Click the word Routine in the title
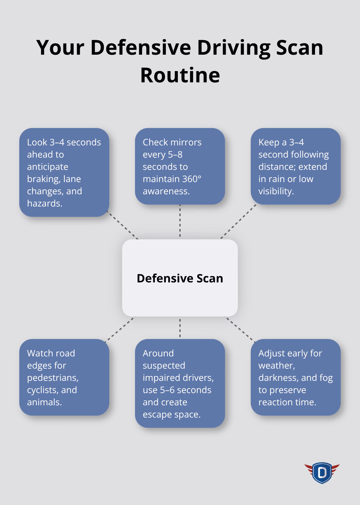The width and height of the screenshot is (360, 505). [x=180, y=75]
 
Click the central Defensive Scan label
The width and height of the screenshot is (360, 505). [x=180, y=278]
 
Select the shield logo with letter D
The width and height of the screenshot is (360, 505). [x=322, y=473]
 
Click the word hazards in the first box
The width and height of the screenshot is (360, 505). [x=44, y=203]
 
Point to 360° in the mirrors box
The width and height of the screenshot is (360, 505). [x=192, y=179]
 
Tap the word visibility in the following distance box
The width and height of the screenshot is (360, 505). [x=276, y=191]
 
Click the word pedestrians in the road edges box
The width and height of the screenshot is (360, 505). [x=53, y=378]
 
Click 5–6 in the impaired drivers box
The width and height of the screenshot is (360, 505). [x=167, y=390]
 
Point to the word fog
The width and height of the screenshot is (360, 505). [x=326, y=378]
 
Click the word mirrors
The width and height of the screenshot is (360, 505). [x=186, y=142]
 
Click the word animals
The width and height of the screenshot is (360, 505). [x=44, y=402]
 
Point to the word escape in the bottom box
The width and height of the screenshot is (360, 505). [x=156, y=414]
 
